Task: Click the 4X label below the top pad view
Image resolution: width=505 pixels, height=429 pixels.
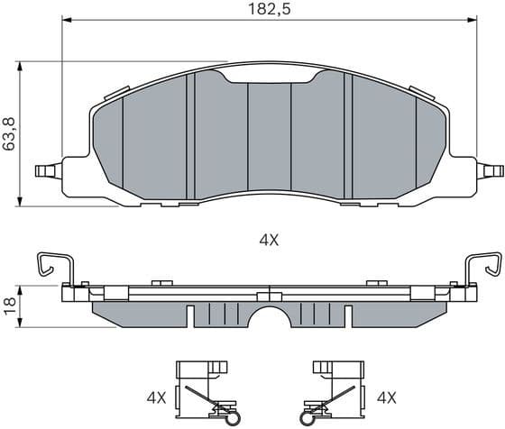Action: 270,240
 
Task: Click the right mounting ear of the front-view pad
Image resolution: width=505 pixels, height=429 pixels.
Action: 491,169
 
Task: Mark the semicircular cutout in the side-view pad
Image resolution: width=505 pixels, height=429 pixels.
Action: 270,320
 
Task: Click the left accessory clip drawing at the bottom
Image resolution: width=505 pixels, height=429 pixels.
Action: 203,390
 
